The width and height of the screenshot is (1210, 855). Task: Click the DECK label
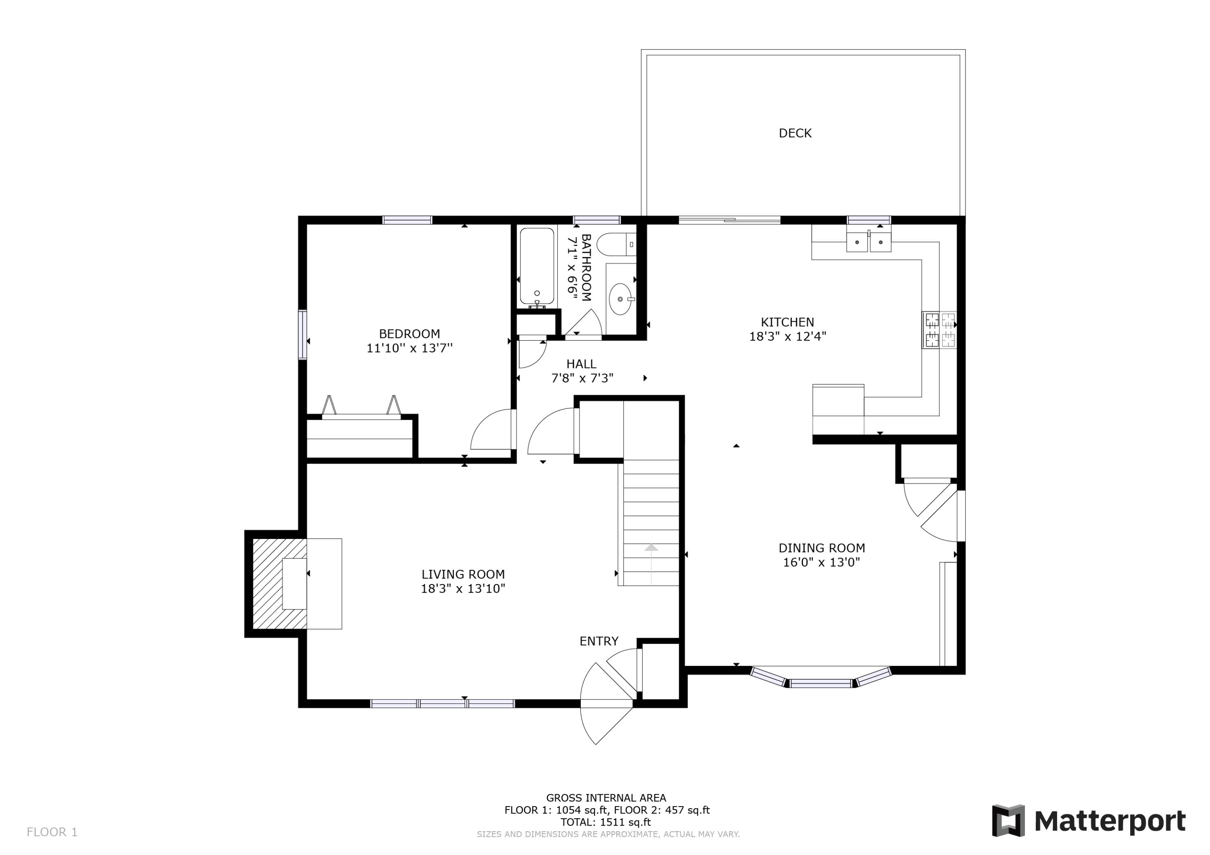pos(795,133)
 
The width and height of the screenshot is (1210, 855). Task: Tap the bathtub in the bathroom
pos(536,266)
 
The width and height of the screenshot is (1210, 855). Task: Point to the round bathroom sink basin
pos(620,299)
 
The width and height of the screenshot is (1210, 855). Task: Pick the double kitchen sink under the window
pos(868,242)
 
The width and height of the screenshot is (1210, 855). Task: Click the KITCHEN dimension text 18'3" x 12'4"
pos(787,336)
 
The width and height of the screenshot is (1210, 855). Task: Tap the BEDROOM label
pos(409,333)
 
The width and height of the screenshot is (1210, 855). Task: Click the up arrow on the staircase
pos(651,548)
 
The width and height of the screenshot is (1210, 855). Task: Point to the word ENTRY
pos(599,641)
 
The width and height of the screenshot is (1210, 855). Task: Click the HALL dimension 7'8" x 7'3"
pos(582,378)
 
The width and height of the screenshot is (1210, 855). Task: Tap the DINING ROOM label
pos(822,548)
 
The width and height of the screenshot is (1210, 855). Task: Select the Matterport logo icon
pos(1008,821)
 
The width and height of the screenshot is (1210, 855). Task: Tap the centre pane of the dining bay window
pos(820,684)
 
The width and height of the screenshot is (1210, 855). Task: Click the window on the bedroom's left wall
pos(302,335)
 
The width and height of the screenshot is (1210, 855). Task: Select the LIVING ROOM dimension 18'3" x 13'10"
pos(463,589)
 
